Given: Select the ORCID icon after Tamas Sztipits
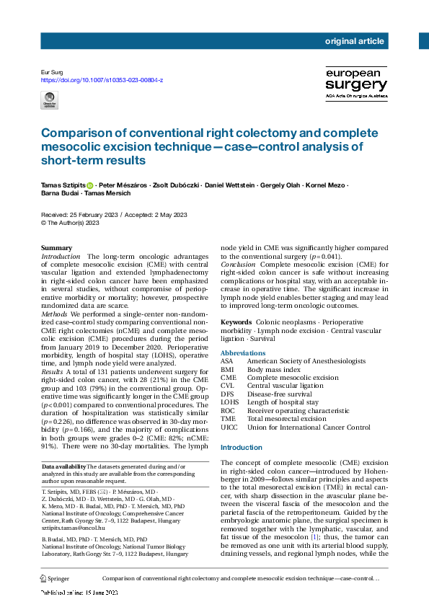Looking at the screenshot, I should pos(90,185).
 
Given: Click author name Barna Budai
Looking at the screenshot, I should pos(60,194).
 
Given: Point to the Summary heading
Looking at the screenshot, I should pos(57,248).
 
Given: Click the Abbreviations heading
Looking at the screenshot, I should pos(242,353).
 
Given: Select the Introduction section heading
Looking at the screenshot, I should pos(242,447).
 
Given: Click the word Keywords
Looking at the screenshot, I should pos(236,322).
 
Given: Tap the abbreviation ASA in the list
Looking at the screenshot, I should pos(227,361).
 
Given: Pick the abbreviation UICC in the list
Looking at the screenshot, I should pos(229,427).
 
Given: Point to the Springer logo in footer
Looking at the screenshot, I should pos(55,579).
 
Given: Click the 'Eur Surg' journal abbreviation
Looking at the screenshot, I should pos(53,72).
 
